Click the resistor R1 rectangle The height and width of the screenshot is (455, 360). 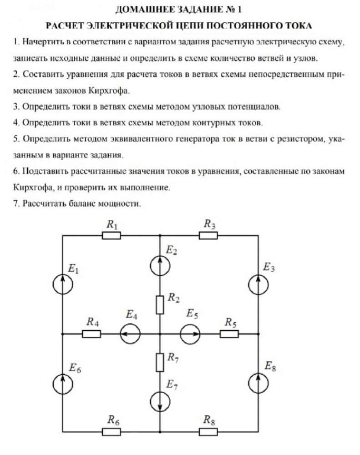(x=111, y=235)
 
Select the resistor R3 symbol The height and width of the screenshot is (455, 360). (x=208, y=235)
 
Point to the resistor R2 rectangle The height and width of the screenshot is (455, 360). (x=160, y=304)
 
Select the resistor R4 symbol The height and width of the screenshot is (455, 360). (x=91, y=334)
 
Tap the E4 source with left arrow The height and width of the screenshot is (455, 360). (x=130, y=334)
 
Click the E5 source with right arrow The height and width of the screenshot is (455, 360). (x=189, y=334)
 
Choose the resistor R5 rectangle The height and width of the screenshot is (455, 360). (x=229, y=334)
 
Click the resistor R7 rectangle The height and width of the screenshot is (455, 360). (x=160, y=362)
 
